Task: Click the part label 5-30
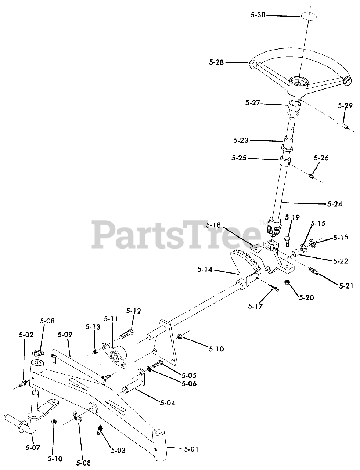(258, 15)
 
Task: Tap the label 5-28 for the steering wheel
(216, 62)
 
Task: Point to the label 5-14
(204, 270)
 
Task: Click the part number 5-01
(191, 448)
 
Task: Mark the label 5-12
(133, 311)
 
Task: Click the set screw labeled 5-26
(312, 177)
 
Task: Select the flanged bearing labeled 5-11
(115, 355)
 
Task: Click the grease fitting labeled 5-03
(99, 429)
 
